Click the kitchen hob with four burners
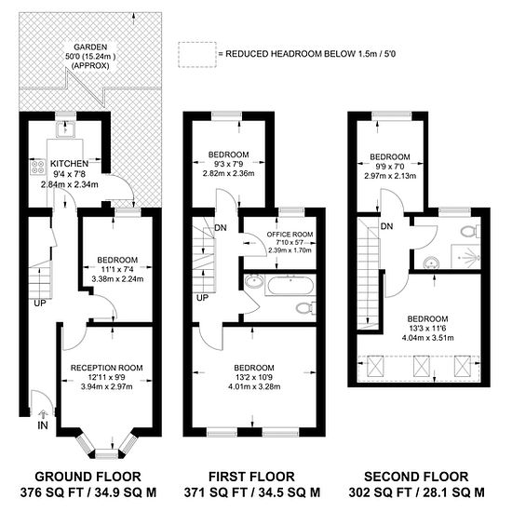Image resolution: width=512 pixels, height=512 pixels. (38, 167)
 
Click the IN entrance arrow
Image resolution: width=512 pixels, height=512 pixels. (43, 414)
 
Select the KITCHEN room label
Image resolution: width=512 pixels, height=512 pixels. (69, 163)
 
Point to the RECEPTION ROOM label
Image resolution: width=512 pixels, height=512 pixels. (107, 368)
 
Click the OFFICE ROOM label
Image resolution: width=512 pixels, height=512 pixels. (290, 234)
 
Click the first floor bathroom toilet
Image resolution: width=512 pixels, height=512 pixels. (306, 307)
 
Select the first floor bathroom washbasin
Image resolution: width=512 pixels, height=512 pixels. (254, 281)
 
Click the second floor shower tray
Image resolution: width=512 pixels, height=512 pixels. (465, 257)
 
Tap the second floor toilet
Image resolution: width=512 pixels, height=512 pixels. (470, 231)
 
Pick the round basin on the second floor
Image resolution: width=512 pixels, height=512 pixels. (431, 263)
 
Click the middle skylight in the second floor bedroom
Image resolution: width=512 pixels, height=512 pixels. (421, 367)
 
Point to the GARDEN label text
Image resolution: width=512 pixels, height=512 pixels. (90, 47)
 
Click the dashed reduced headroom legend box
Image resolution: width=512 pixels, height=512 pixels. (197, 55)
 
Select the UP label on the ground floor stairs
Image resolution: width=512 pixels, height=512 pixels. (40, 303)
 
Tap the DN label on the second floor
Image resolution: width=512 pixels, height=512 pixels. (386, 226)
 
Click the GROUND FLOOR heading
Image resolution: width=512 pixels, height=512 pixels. (88, 477)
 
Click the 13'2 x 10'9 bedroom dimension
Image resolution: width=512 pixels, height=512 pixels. (254, 377)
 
